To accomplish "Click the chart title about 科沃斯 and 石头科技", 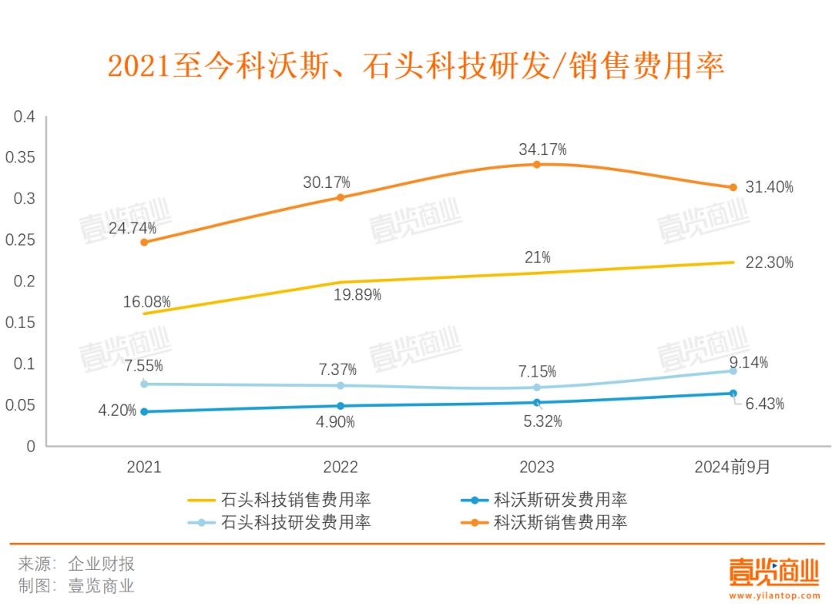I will pyautogui.click(x=416, y=66).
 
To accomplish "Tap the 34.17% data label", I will pyautogui.click(x=542, y=149).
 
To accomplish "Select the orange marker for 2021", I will pyautogui.click(x=144, y=242).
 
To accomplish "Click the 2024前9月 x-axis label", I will pyautogui.click(x=732, y=468).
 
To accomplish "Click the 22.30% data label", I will pyautogui.click(x=769, y=263).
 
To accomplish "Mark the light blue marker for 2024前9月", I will pyautogui.click(x=733, y=371).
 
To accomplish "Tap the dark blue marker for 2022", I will pyautogui.click(x=341, y=406).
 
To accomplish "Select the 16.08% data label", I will pyautogui.click(x=146, y=301).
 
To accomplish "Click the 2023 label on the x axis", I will pyautogui.click(x=537, y=468).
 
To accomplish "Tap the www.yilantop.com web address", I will pyautogui.click(x=773, y=595).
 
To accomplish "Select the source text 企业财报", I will pyautogui.click(x=101, y=564).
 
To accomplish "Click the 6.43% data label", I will pyautogui.click(x=764, y=404).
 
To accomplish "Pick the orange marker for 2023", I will pyautogui.click(x=537, y=164).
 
